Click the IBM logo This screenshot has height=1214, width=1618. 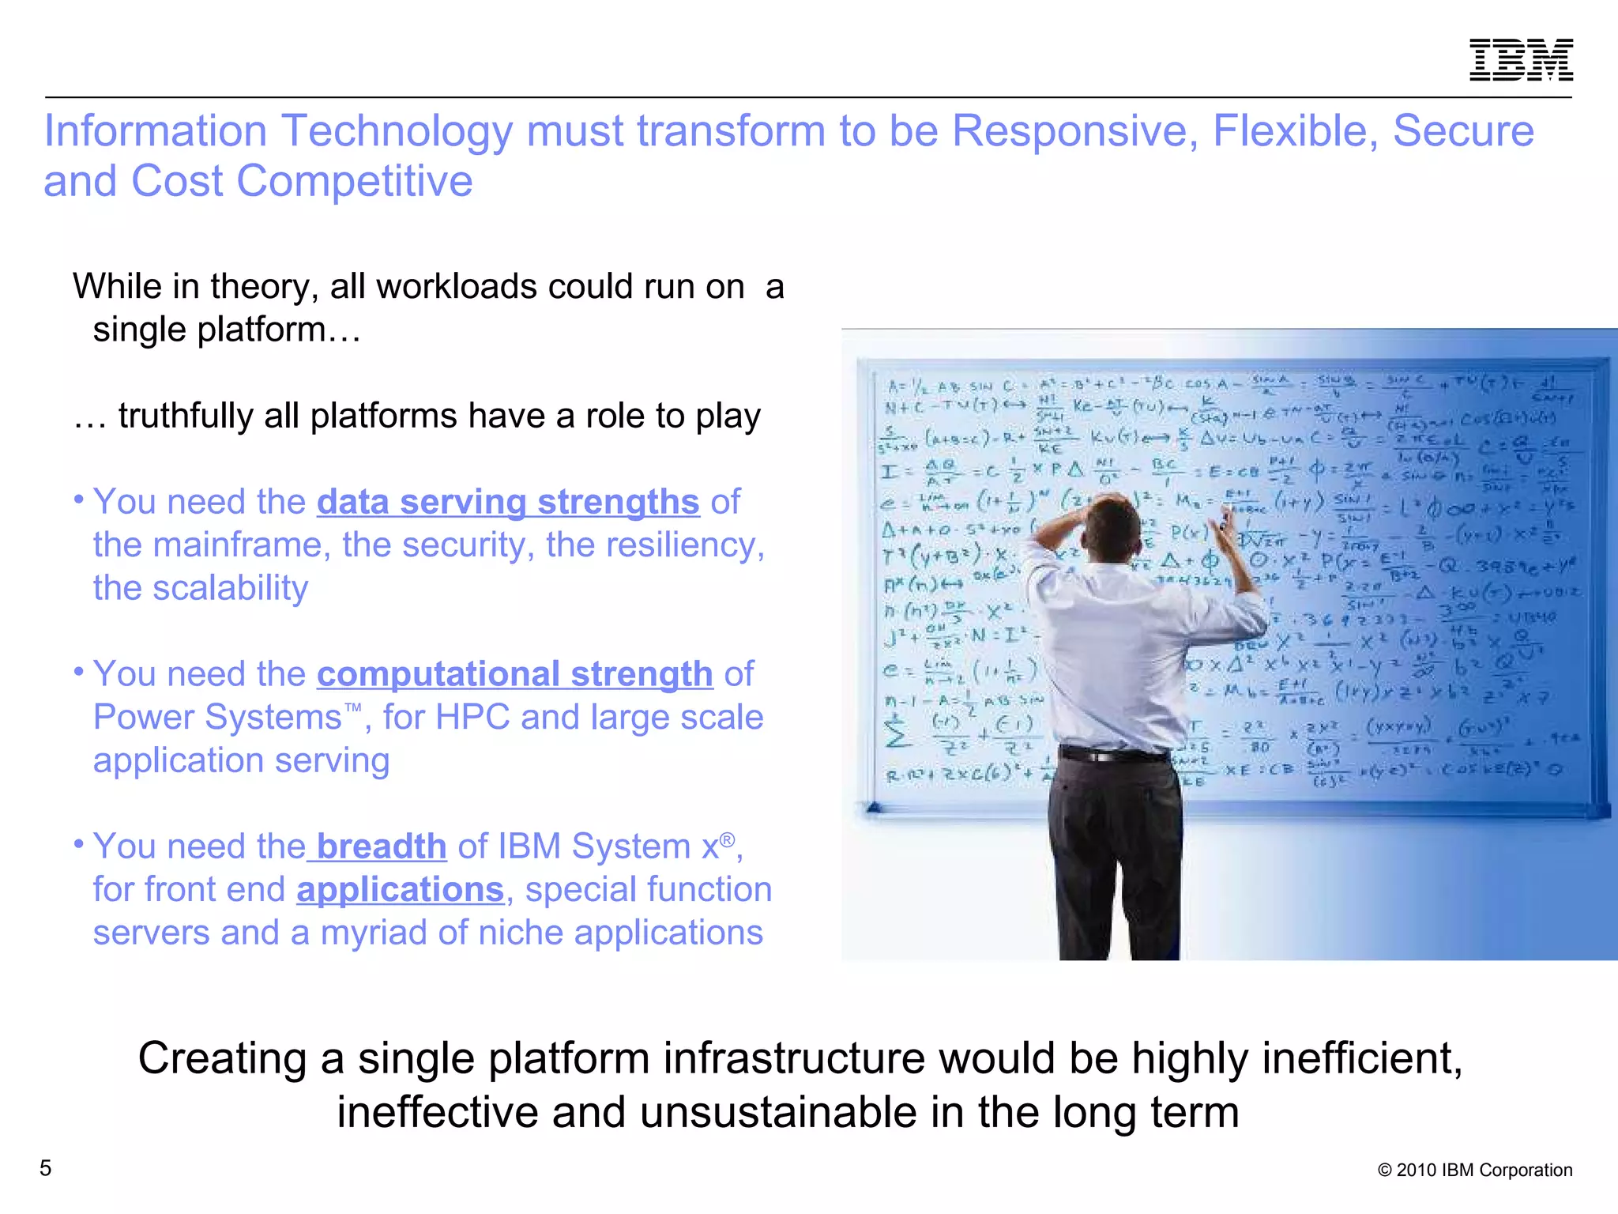coord(1520,59)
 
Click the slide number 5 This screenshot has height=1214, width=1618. coord(46,1167)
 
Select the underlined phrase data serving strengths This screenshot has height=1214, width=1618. coord(508,503)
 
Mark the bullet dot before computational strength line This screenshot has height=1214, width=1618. coord(79,672)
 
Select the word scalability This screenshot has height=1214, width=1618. coord(230,589)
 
